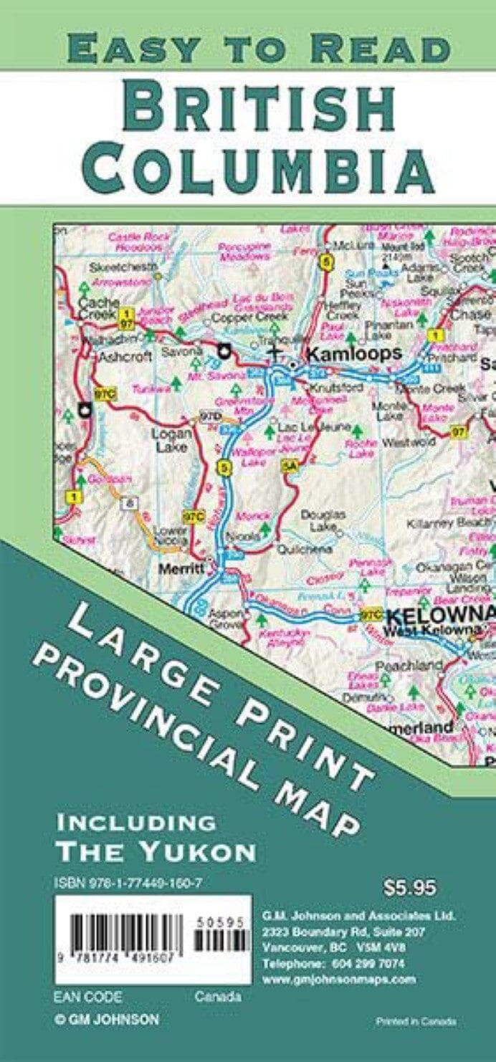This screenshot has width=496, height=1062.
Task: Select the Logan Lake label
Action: coord(171,440)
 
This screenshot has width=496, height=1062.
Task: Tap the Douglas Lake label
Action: coord(323,520)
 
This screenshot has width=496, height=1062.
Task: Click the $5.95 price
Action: coord(410,887)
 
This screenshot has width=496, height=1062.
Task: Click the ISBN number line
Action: coord(128,884)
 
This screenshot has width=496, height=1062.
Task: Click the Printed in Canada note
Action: coord(416,1021)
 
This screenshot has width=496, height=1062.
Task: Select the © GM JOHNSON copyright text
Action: coord(107,1019)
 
